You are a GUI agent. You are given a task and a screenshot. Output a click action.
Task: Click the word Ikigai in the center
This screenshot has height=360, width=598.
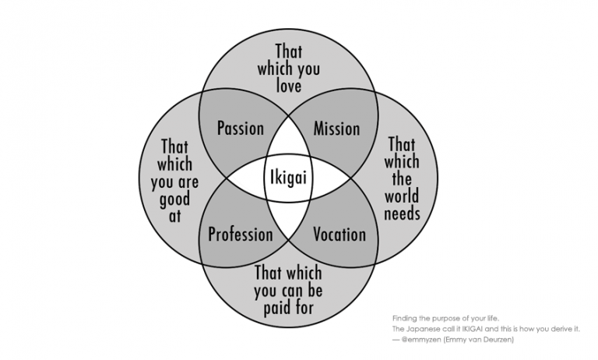[x=288, y=178]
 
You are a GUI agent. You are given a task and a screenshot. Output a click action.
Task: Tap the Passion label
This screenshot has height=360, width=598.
[x=240, y=128]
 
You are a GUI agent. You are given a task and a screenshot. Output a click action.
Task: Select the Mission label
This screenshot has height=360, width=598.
[x=336, y=128]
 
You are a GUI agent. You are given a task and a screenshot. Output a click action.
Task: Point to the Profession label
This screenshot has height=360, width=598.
[x=241, y=234]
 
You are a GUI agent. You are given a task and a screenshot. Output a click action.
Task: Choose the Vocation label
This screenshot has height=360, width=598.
[x=339, y=234]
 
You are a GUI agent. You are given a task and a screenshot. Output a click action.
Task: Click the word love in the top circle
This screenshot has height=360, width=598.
[x=288, y=86]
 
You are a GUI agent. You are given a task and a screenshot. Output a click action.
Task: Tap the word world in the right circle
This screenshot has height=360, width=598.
[x=403, y=196]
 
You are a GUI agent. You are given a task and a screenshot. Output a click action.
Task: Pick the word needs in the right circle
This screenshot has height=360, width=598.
[x=403, y=213]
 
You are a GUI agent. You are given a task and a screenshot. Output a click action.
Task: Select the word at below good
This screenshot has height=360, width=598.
[x=174, y=217]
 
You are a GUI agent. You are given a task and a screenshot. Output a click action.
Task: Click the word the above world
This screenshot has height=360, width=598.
[x=403, y=178]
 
